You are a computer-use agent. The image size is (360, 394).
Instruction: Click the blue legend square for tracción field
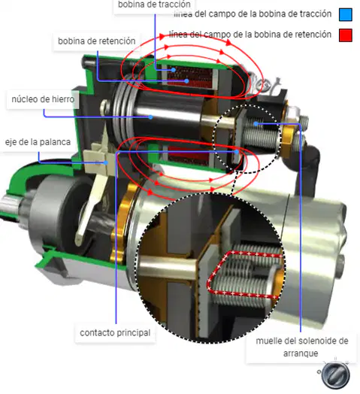click(346, 14)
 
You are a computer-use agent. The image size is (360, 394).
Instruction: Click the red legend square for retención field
click(346, 35)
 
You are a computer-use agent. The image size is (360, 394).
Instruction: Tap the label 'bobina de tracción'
click(154, 5)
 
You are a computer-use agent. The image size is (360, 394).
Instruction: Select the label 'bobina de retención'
click(97, 41)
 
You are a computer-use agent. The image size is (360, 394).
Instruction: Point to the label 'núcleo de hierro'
click(43, 99)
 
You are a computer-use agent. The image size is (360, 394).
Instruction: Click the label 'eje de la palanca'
click(38, 142)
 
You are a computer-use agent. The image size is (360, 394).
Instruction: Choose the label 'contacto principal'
click(115, 332)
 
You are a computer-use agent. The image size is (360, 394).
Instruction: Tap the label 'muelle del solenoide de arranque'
click(301, 347)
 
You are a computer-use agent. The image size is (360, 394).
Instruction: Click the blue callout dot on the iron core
click(150, 117)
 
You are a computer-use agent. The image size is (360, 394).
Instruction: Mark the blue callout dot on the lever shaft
click(106, 163)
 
